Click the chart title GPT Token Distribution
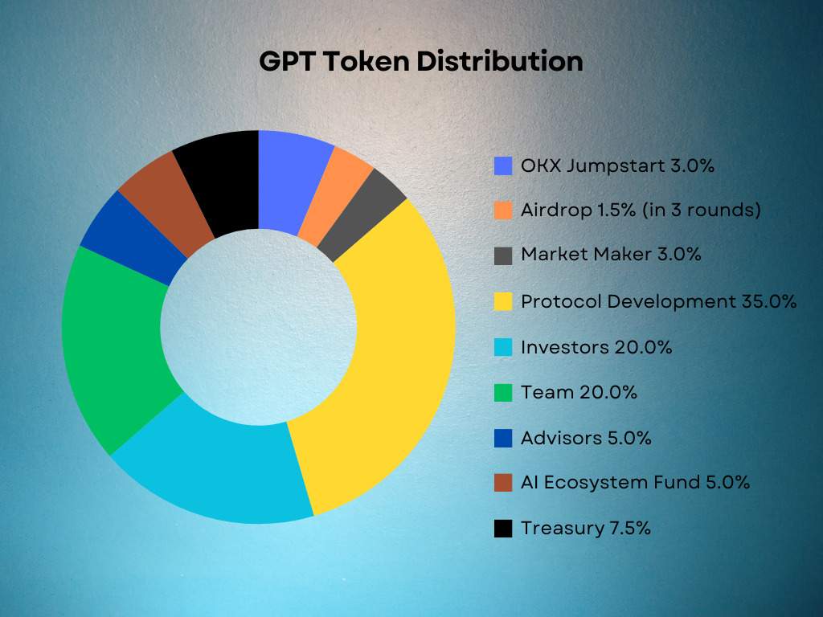pyautogui.click(x=421, y=61)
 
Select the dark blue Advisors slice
pyautogui.click(x=131, y=239)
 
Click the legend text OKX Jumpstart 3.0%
pyautogui.click(x=617, y=165)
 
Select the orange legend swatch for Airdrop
pyautogui.click(x=503, y=210)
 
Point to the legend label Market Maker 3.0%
pyautogui.click(x=611, y=255)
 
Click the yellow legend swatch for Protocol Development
pyautogui.click(x=503, y=301)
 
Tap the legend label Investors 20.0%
pyautogui.click(x=596, y=347)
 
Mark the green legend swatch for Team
pyautogui.click(x=503, y=392)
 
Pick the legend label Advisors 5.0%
pyautogui.click(x=586, y=438)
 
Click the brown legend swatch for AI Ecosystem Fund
pyautogui.click(x=503, y=483)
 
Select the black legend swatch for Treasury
pyautogui.click(x=503, y=529)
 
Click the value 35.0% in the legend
pyautogui.click(x=769, y=302)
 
